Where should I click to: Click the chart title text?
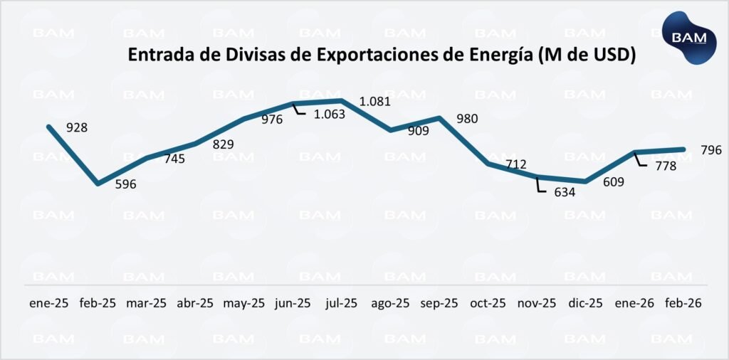click(381, 55)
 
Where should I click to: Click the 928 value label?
click(76, 128)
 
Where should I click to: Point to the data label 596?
click(125, 184)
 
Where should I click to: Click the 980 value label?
click(467, 119)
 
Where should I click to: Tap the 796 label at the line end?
click(711, 150)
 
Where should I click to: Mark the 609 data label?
click(613, 182)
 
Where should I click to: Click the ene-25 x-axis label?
click(49, 302)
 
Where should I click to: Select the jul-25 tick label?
click(341, 302)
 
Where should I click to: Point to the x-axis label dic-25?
click(586, 302)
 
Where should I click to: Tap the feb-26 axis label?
click(683, 302)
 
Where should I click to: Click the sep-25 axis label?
click(439, 302)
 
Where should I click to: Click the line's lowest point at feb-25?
click(98, 184)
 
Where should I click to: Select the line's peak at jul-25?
click(342, 101)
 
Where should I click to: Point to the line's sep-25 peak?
click(440, 118)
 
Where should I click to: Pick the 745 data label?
click(174, 159)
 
